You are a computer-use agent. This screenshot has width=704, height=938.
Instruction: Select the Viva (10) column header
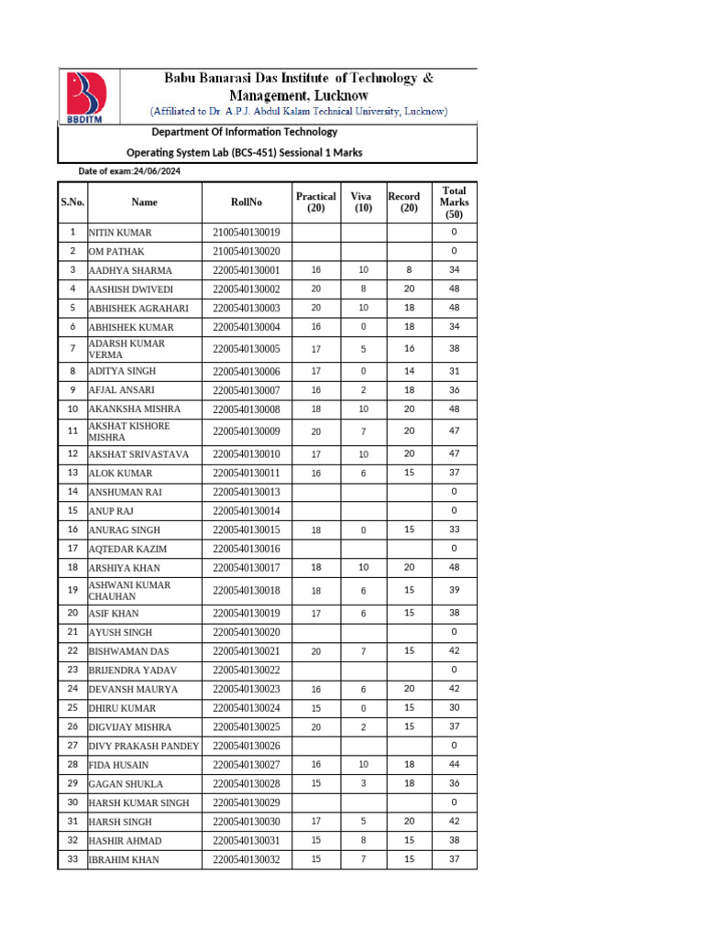tap(363, 202)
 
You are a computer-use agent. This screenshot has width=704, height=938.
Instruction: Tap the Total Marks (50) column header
tap(454, 202)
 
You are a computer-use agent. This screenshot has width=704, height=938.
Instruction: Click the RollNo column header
tap(247, 202)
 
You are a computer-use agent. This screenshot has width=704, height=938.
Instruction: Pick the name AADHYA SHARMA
tap(130, 270)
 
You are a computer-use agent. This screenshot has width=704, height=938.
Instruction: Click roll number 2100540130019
tap(247, 233)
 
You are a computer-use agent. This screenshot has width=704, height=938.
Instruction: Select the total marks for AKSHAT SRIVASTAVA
tap(454, 453)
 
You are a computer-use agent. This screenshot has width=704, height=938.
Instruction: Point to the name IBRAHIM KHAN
tap(124, 860)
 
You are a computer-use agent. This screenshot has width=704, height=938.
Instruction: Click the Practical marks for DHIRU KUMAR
tap(316, 708)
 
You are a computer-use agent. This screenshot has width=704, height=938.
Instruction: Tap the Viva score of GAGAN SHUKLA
tap(363, 783)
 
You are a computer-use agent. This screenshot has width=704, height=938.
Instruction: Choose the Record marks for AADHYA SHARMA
tap(409, 270)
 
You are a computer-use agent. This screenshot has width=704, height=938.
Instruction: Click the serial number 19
tap(72, 591)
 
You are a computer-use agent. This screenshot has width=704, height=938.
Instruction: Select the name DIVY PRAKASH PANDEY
tap(143, 747)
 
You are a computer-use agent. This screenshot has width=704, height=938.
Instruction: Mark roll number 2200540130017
tap(247, 568)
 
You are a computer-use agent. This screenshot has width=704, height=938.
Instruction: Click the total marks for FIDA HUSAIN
tap(454, 765)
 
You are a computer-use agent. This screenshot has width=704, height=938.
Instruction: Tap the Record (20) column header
tap(404, 202)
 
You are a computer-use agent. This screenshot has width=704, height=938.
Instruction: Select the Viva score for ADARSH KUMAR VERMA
tap(363, 349)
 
